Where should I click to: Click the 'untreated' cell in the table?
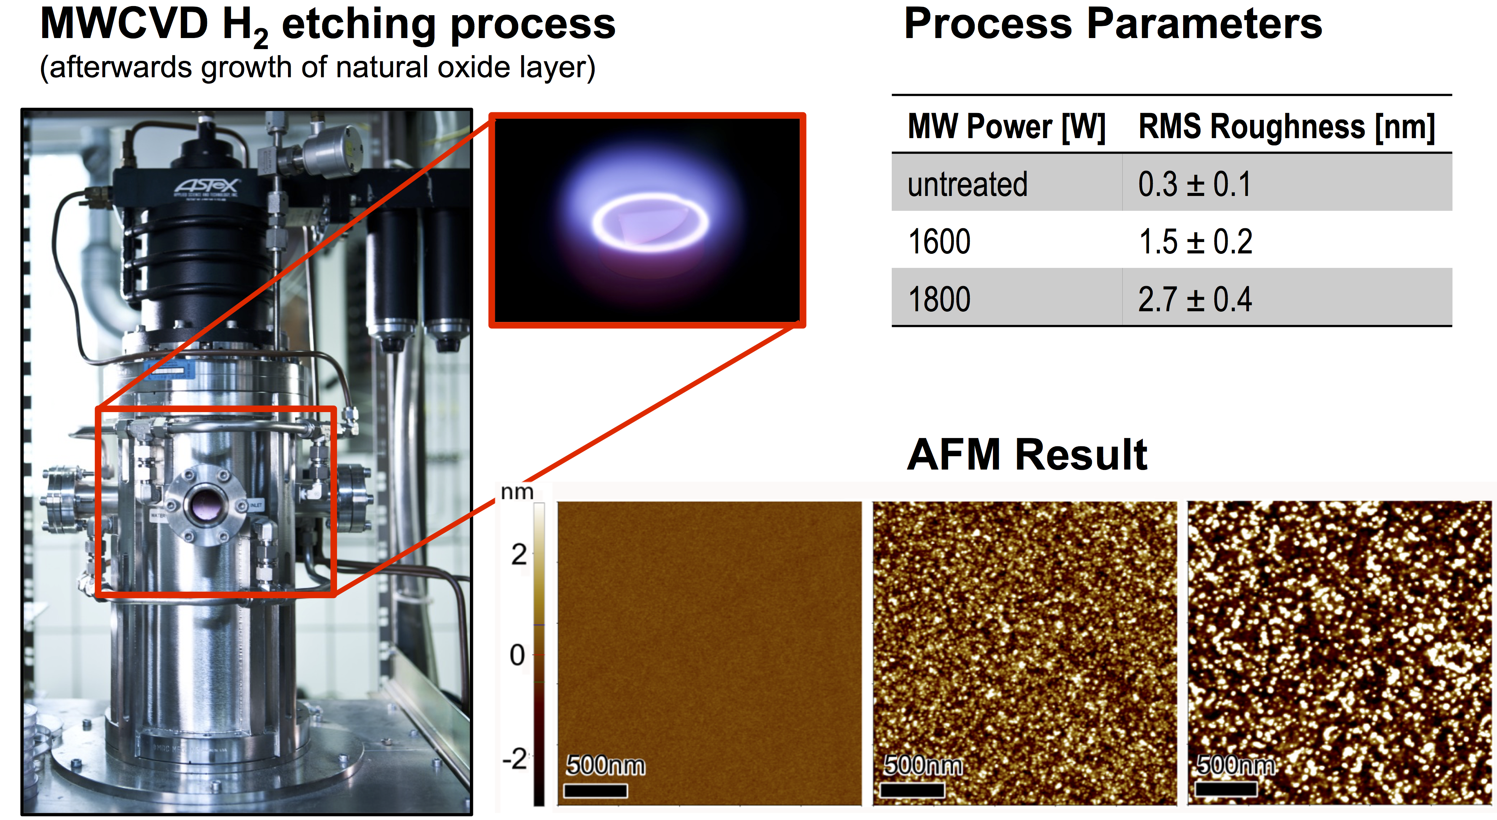pos(967,184)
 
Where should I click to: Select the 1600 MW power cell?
pos(939,241)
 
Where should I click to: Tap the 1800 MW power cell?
pos(939,299)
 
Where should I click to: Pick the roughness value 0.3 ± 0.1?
pos(1194,184)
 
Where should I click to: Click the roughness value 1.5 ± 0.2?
pos(1195,241)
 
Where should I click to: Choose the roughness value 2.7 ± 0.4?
pos(1195,299)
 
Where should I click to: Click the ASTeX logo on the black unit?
pos(206,187)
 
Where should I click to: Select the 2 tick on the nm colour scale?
pos(519,555)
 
